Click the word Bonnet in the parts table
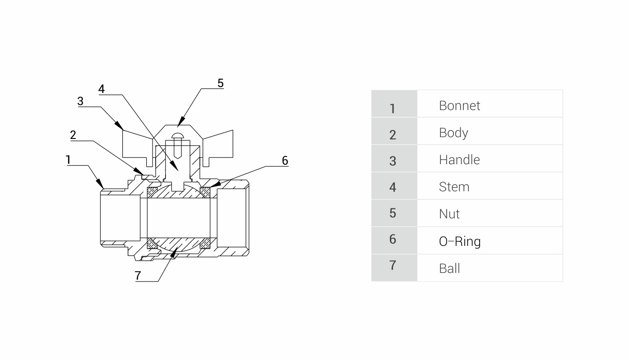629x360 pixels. coord(459,106)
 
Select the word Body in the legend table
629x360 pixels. coord(453,133)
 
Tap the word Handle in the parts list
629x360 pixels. coord(459,160)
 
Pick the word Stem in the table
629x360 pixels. coord(454,187)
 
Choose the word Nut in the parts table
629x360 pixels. coord(449,214)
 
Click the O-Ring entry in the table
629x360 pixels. coord(459,241)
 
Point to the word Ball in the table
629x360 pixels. coord(449,268)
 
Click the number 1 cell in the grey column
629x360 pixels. coord(393,108)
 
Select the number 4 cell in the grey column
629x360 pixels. coord(393,187)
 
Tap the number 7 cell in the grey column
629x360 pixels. coord(393,265)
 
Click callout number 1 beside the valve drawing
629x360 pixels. coord(68,159)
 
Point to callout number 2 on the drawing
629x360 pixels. coord(73,135)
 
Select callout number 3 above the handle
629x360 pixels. coord(80,101)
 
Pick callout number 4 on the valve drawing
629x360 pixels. coord(102,89)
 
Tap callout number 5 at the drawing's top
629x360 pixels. coord(220,83)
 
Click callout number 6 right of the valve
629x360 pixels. coord(285,160)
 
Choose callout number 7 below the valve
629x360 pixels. coord(138,276)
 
